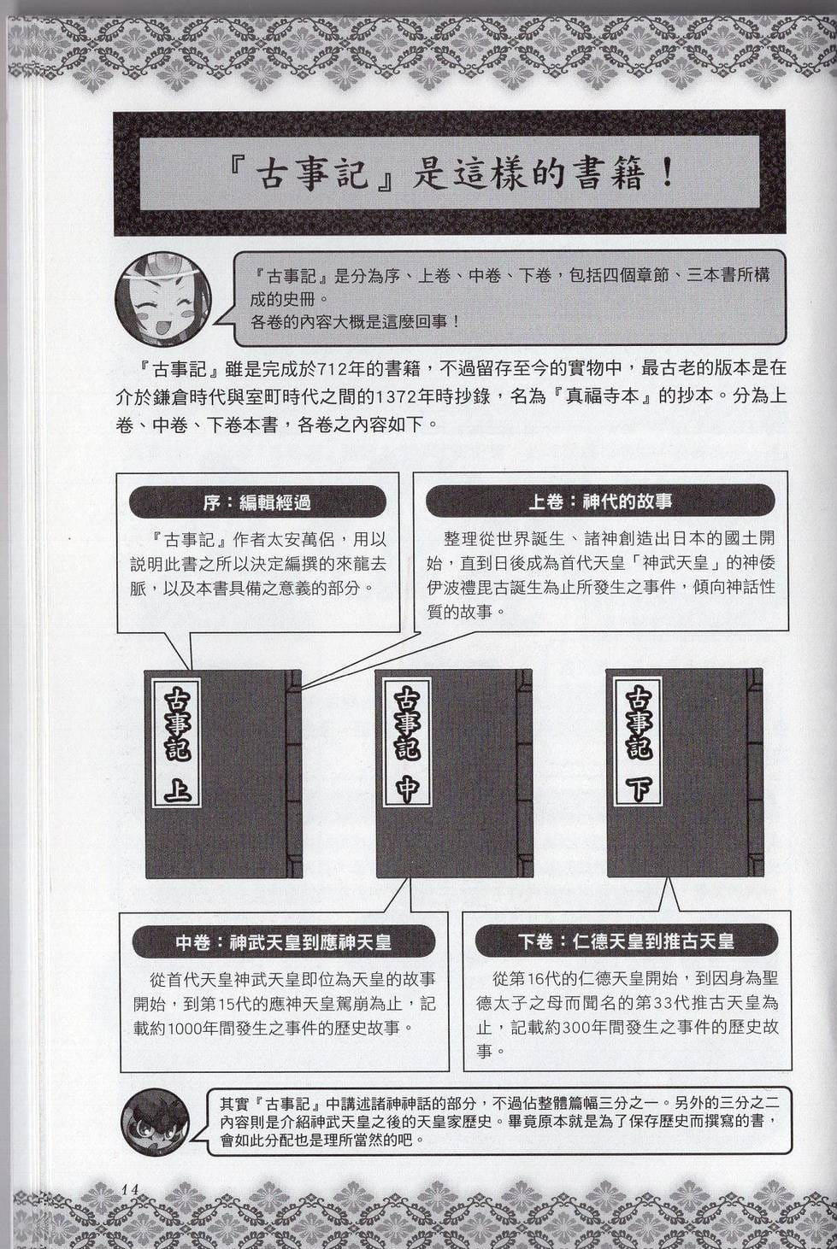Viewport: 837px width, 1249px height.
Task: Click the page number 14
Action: click(130, 1188)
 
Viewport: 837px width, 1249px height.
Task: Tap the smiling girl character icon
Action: click(162, 299)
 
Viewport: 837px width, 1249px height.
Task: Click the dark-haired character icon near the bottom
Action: click(156, 1122)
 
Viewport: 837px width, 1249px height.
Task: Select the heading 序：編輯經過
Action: click(257, 502)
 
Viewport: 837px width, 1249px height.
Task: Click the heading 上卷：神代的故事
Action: click(600, 501)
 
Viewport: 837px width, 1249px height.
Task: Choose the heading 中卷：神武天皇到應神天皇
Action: click(284, 943)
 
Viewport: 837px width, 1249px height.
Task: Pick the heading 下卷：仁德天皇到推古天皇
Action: click(627, 942)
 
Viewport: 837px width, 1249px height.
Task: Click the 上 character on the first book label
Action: click(176, 790)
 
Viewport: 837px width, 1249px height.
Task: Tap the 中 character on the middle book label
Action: click(407, 789)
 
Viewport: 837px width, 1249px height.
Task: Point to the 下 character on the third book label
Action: click(638, 789)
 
